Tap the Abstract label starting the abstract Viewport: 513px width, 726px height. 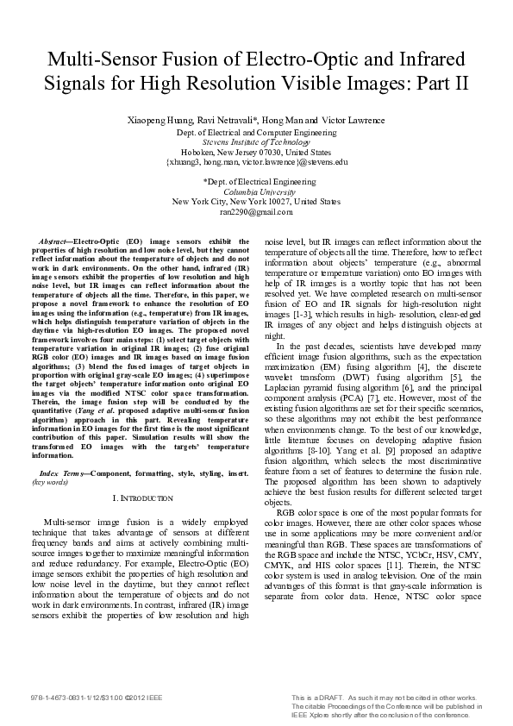[54, 242]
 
